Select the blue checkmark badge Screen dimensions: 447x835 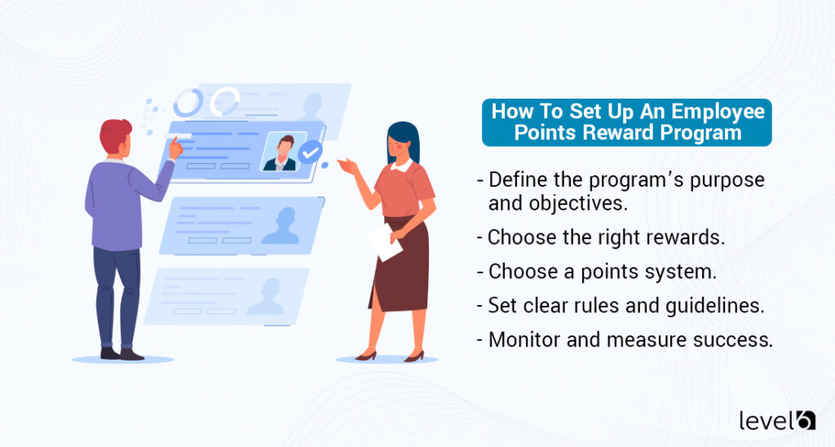pyautogui.click(x=310, y=152)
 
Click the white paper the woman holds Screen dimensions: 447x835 pyautogui.click(x=384, y=241)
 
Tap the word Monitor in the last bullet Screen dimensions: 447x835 pyautogui.click(x=523, y=340)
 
